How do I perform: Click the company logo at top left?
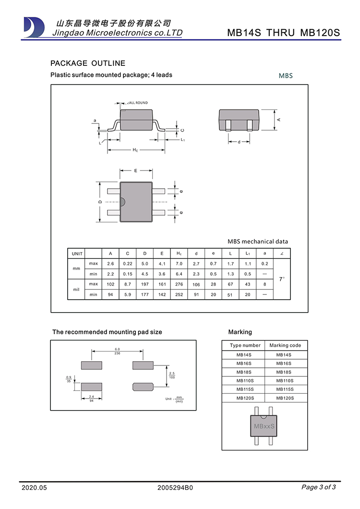pyautogui.click(x=34, y=27)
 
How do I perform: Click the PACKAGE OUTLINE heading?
pyautogui.click(x=88, y=63)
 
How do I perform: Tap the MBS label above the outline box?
pyautogui.click(x=286, y=76)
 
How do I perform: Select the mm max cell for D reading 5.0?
pyautogui.click(x=144, y=264)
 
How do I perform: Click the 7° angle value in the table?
pyautogui.click(x=282, y=279)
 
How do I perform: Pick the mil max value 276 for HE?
pyautogui.click(x=179, y=284)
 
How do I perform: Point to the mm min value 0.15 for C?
pyautogui.click(x=127, y=274)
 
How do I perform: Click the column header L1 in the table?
pyautogui.click(x=248, y=254)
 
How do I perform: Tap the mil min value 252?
pyautogui.click(x=179, y=294)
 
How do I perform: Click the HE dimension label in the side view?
pyautogui.click(x=135, y=150)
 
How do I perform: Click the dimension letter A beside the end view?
pyautogui.click(x=279, y=119)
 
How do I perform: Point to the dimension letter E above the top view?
pyautogui.click(x=136, y=170)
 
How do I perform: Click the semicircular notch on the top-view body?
pyautogui.click(x=121, y=202)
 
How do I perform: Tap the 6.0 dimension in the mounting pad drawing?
pyautogui.click(x=117, y=349)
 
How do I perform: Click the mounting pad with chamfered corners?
pyautogui.click(x=143, y=386)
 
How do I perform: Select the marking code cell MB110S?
pyautogui.click(x=285, y=381)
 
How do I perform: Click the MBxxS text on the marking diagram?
pyautogui.click(x=264, y=426)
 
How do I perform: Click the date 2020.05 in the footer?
pyautogui.click(x=35, y=488)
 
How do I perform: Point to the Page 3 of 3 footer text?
pyautogui.click(x=318, y=487)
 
